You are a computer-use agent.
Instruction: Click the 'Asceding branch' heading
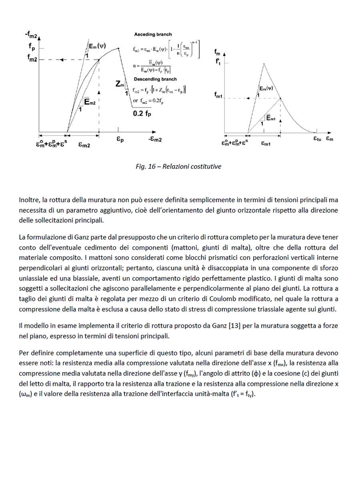tap(153, 35)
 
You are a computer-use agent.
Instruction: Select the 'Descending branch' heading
tap(155, 79)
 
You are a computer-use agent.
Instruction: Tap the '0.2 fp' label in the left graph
tap(142, 113)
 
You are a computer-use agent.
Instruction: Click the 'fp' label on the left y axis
tap(32, 46)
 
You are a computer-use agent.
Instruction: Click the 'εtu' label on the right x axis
tap(317, 139)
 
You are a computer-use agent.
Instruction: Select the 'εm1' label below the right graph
tap(266, 144)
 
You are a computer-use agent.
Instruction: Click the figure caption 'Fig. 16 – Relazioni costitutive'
tap(178, 166)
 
